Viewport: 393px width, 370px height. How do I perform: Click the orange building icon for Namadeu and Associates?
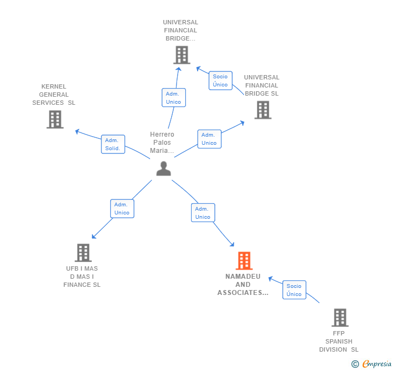click(x=244, y=261)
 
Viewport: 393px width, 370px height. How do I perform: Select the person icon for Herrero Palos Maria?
click(x=163, y=169)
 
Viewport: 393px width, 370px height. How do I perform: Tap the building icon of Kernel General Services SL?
click(x=55, y=119)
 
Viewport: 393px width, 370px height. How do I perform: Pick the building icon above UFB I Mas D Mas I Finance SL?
click(x=83, y=252)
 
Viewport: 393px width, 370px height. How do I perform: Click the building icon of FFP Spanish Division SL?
click(x=340, y=318)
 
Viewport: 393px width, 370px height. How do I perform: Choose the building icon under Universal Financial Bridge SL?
click(x=262, y=110)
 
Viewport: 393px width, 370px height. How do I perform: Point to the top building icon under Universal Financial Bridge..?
click(x=181, y=55)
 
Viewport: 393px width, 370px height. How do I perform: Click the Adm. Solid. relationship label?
click(x=113, y=144)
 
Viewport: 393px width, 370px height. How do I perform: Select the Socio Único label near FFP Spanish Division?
click(x=294, y=290)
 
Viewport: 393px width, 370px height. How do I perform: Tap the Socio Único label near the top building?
click(x=220, y=80)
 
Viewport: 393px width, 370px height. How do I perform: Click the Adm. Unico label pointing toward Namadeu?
click(x=202, y=213)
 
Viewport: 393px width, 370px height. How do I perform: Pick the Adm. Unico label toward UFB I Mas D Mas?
click(x=122, y=208)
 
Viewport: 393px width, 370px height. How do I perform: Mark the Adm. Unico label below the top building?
click(x=173, y=98)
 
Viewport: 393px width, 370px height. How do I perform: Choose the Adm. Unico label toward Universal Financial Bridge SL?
click(x=209, y=139)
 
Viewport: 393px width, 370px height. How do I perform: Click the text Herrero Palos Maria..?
click(x=162, y=143)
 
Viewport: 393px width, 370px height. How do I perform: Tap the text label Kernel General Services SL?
click(x=53, y=95)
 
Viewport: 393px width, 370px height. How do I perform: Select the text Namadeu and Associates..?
click(x=243, y=285)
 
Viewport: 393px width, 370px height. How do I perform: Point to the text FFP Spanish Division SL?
click(x=338, y=341)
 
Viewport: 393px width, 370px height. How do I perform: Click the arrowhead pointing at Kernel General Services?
click(x=77, y=131)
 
